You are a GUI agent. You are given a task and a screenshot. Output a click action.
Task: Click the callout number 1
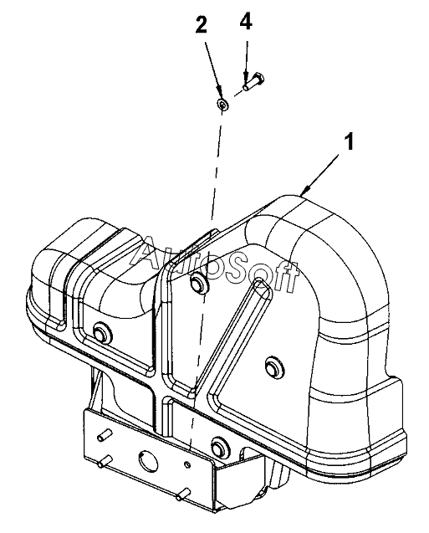tap(349, 141)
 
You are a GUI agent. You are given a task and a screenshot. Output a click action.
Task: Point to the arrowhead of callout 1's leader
tap(305, 191)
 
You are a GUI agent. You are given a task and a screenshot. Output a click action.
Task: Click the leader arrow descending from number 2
tap(214, 70)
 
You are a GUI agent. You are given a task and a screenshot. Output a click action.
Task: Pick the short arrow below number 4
tap(246, 63)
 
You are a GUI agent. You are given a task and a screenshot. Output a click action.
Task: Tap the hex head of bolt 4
tap(261, 78)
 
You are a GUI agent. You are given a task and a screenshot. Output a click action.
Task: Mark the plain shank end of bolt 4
tap(246, 88)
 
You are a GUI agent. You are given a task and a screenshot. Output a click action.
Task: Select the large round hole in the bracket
tap(148, 460)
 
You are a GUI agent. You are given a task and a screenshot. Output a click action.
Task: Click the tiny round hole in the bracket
tap(187, 464)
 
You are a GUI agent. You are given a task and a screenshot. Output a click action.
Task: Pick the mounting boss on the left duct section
tap(101, 331)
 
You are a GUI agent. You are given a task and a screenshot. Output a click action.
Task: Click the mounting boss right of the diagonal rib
tap(273, 366)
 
